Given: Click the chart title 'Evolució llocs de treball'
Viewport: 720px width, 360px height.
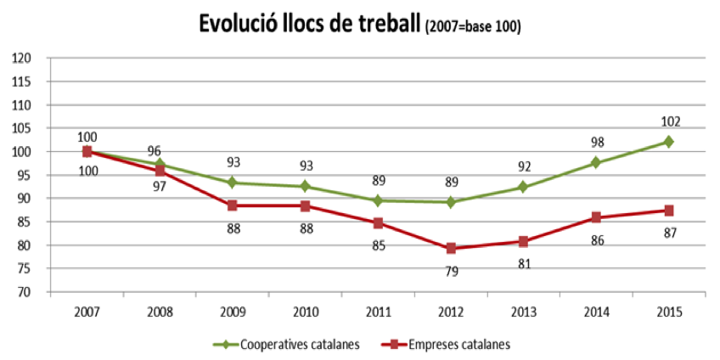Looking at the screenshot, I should [x=309, y=25].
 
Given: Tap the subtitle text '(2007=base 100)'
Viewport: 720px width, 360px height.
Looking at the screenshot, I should [x=472, y=28].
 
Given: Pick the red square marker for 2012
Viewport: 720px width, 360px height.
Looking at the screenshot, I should [x=451, y=248].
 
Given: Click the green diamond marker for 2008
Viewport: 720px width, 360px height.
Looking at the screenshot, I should [x=160, y=164].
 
